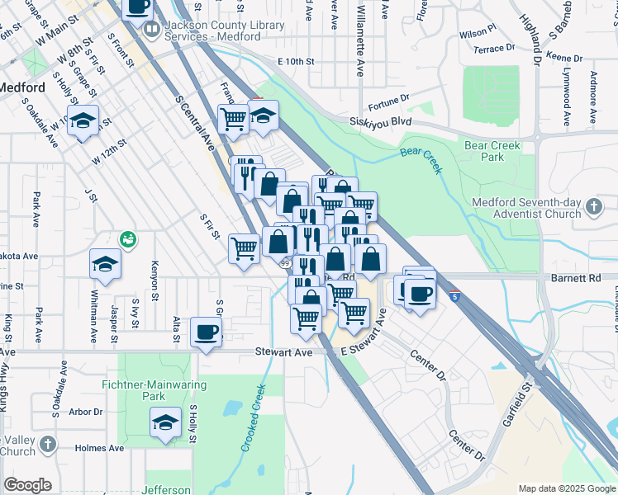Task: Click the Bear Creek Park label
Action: click(x=492, y=151)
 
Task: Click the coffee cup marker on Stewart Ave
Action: click(x=206, y=332)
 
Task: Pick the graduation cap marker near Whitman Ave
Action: click(x=106, y=264)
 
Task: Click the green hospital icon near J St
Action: click(x=127, y=240)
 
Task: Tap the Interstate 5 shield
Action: click(x=455, y=295)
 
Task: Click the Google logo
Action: click(x=28, y=485)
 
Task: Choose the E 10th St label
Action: click(x=297, y=62)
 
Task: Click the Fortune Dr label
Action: click(x=388, y=100)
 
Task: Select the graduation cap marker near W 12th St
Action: click(x=83, y=120)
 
